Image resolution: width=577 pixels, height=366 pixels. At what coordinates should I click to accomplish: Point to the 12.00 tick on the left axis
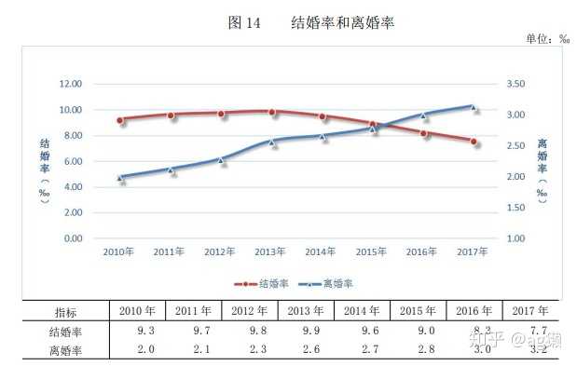71,84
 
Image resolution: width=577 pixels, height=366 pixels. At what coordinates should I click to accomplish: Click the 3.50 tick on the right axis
516,84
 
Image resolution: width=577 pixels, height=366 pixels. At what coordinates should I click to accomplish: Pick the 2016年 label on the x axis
422,251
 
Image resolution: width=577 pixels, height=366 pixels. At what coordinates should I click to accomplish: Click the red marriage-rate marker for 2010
120,120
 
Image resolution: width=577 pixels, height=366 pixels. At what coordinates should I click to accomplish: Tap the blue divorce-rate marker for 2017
473,107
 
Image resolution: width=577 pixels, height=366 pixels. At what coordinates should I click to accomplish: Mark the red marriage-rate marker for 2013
271,112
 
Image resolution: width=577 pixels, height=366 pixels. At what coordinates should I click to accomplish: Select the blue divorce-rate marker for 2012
221,159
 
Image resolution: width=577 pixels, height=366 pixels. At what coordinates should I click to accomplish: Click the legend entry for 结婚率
264,282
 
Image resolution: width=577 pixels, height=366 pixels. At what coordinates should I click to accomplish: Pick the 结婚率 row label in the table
66,332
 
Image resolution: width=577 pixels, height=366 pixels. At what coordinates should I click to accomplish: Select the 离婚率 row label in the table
66,349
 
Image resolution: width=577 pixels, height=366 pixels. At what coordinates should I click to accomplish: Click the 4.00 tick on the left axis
73,186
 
